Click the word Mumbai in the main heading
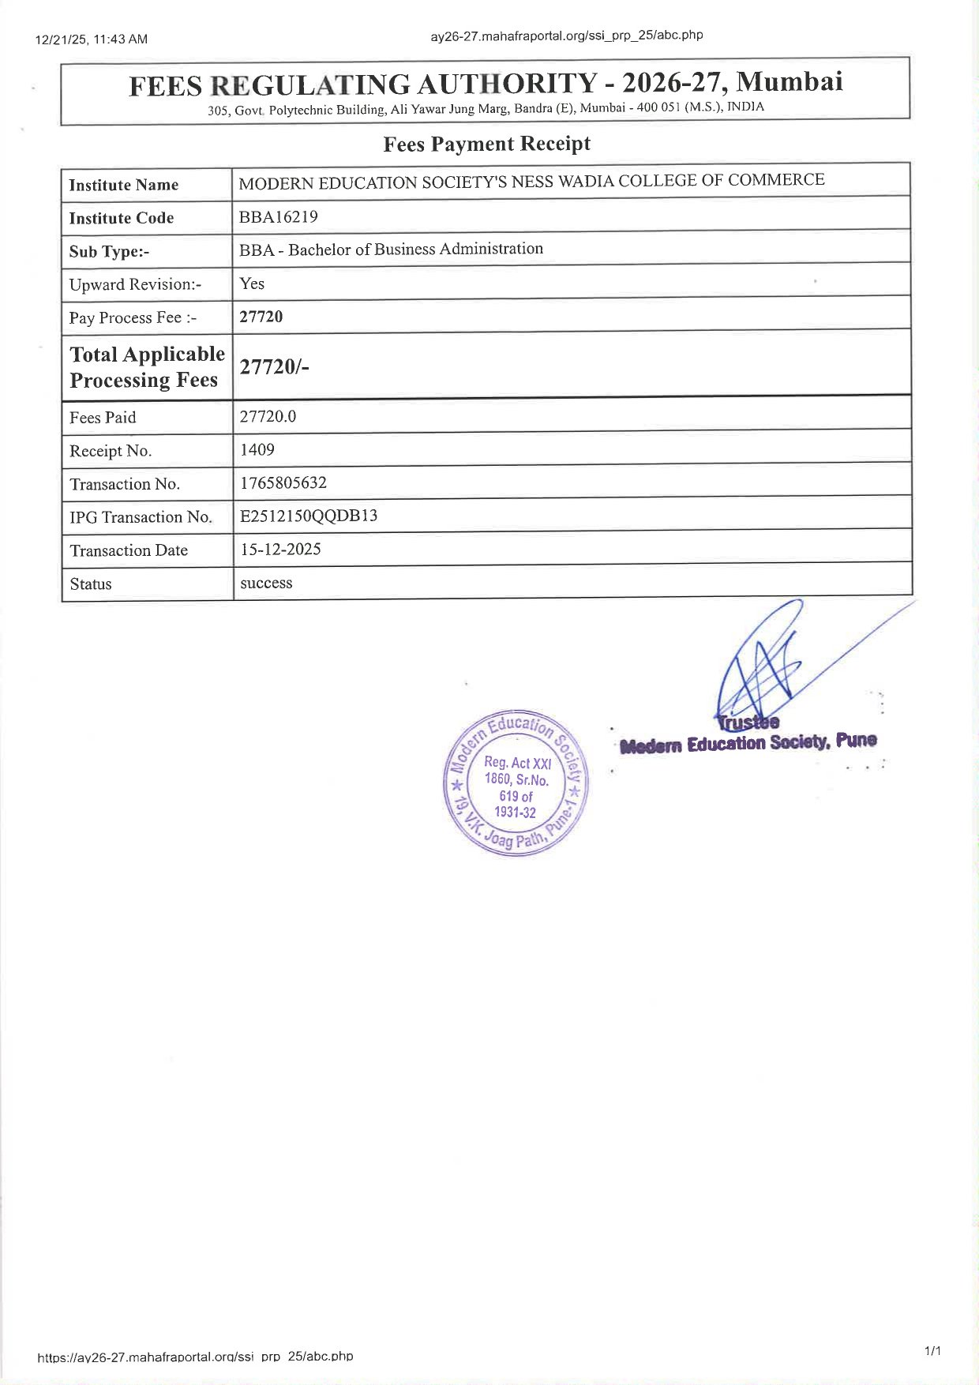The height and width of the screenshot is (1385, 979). coord(790,81)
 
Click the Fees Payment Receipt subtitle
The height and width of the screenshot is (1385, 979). coord(486,144)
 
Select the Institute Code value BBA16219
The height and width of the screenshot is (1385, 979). coord(278,216)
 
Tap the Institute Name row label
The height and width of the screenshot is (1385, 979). coord(123,185)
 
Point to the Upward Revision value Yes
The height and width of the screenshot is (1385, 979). coord(252,283)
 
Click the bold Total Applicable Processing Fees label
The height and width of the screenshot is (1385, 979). coord(147,366)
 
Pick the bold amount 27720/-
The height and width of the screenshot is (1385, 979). coord(274,366)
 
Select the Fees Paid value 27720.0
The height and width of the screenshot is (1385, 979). coord(268,416)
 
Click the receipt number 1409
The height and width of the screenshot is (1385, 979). coord(257,449)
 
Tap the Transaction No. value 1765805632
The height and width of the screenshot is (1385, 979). coord(283,482)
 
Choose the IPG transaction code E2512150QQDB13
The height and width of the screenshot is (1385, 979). coord(309,516)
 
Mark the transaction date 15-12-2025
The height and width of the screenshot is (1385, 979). coord(280,549)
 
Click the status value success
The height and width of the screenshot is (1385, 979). coord(266,583)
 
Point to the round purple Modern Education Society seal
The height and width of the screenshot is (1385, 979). coord(516,783)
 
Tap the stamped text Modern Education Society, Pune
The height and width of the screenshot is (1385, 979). coord(748,743)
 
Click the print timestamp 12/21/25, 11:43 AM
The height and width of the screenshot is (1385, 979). coord(92,39)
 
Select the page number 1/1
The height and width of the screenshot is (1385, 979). coord(932,1351)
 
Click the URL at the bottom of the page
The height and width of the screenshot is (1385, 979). coord(195,1357)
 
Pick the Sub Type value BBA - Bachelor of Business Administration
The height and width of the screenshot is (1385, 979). coord(391,250)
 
